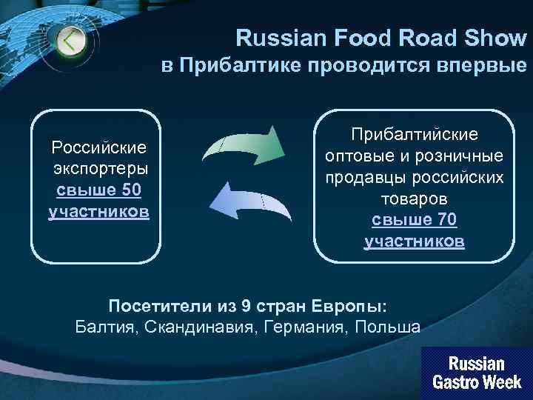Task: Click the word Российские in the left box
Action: (98, 147)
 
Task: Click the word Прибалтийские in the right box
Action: (415, 134)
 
